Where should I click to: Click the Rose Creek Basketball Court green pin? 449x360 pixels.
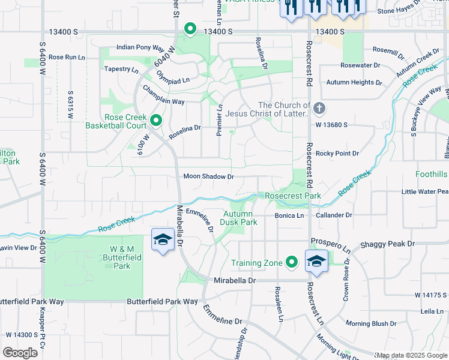pos(156,121)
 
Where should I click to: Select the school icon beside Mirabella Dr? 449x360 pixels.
pos(163,240)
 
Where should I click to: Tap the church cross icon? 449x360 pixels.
pos(319,109)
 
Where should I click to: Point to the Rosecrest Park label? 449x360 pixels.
pos(293,196)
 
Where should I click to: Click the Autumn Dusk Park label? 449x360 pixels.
pos(240,218)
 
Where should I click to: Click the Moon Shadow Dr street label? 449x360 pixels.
pos(208,176)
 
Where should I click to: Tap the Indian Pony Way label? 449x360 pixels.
pos(140,47)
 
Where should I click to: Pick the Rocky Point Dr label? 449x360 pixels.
pos(337,154)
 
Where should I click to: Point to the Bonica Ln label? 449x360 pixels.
pos(289,215)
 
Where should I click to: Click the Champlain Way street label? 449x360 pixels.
pos(163,102)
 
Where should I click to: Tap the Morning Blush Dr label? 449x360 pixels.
pos(370,323)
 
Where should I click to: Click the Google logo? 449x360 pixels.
pos(20,353)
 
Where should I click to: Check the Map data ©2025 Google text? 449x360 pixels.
pos(411,355)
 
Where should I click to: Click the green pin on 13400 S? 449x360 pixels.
pos(190,28)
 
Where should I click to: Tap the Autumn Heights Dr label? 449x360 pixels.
pos(354,82)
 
